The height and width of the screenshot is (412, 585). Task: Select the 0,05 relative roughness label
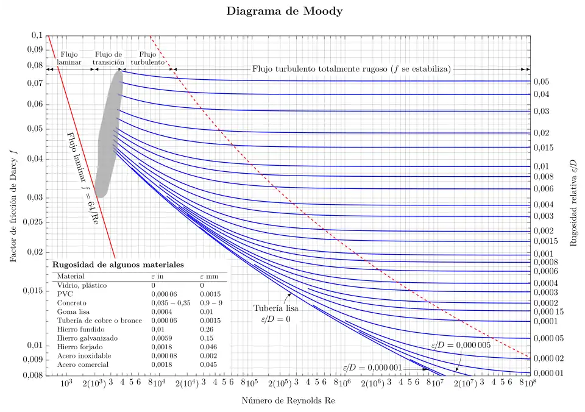pos(541,82)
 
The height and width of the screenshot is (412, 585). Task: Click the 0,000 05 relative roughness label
pos(548,338)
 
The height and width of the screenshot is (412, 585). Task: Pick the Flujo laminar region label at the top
pos(69,58)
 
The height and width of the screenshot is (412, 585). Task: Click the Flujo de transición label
pos(108,58)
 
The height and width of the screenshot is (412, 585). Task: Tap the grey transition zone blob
pos(110,134)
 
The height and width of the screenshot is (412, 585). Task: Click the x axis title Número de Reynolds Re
pos(288,401)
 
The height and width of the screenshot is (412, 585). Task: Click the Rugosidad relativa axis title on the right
pos(573,202)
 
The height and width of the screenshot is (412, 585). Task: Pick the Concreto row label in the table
pos(71,302)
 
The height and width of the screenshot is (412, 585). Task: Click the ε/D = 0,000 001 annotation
pos(372,368)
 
